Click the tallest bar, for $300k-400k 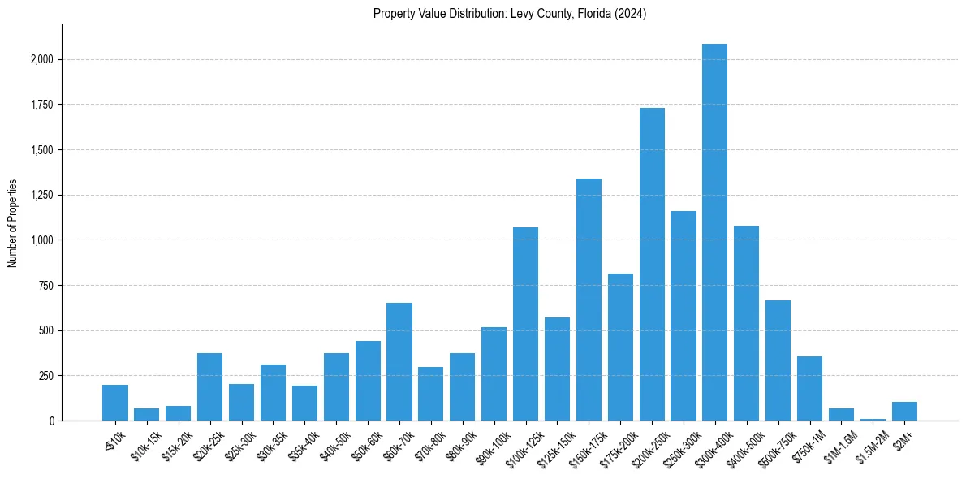[714, 232]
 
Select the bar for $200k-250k [652, 264]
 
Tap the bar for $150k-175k [589, 300]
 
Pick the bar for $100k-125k [525, 324]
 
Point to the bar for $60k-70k [399, 361]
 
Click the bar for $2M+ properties [904, 412]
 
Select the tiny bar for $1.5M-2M [873, 419]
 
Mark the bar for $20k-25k [209, 386]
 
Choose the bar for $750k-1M [809, 388]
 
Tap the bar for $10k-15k [146, 415]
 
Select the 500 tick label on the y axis [45, 330]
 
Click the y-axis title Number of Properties [12, 223]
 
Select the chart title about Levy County [510, 14]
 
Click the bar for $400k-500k [746, 323]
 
